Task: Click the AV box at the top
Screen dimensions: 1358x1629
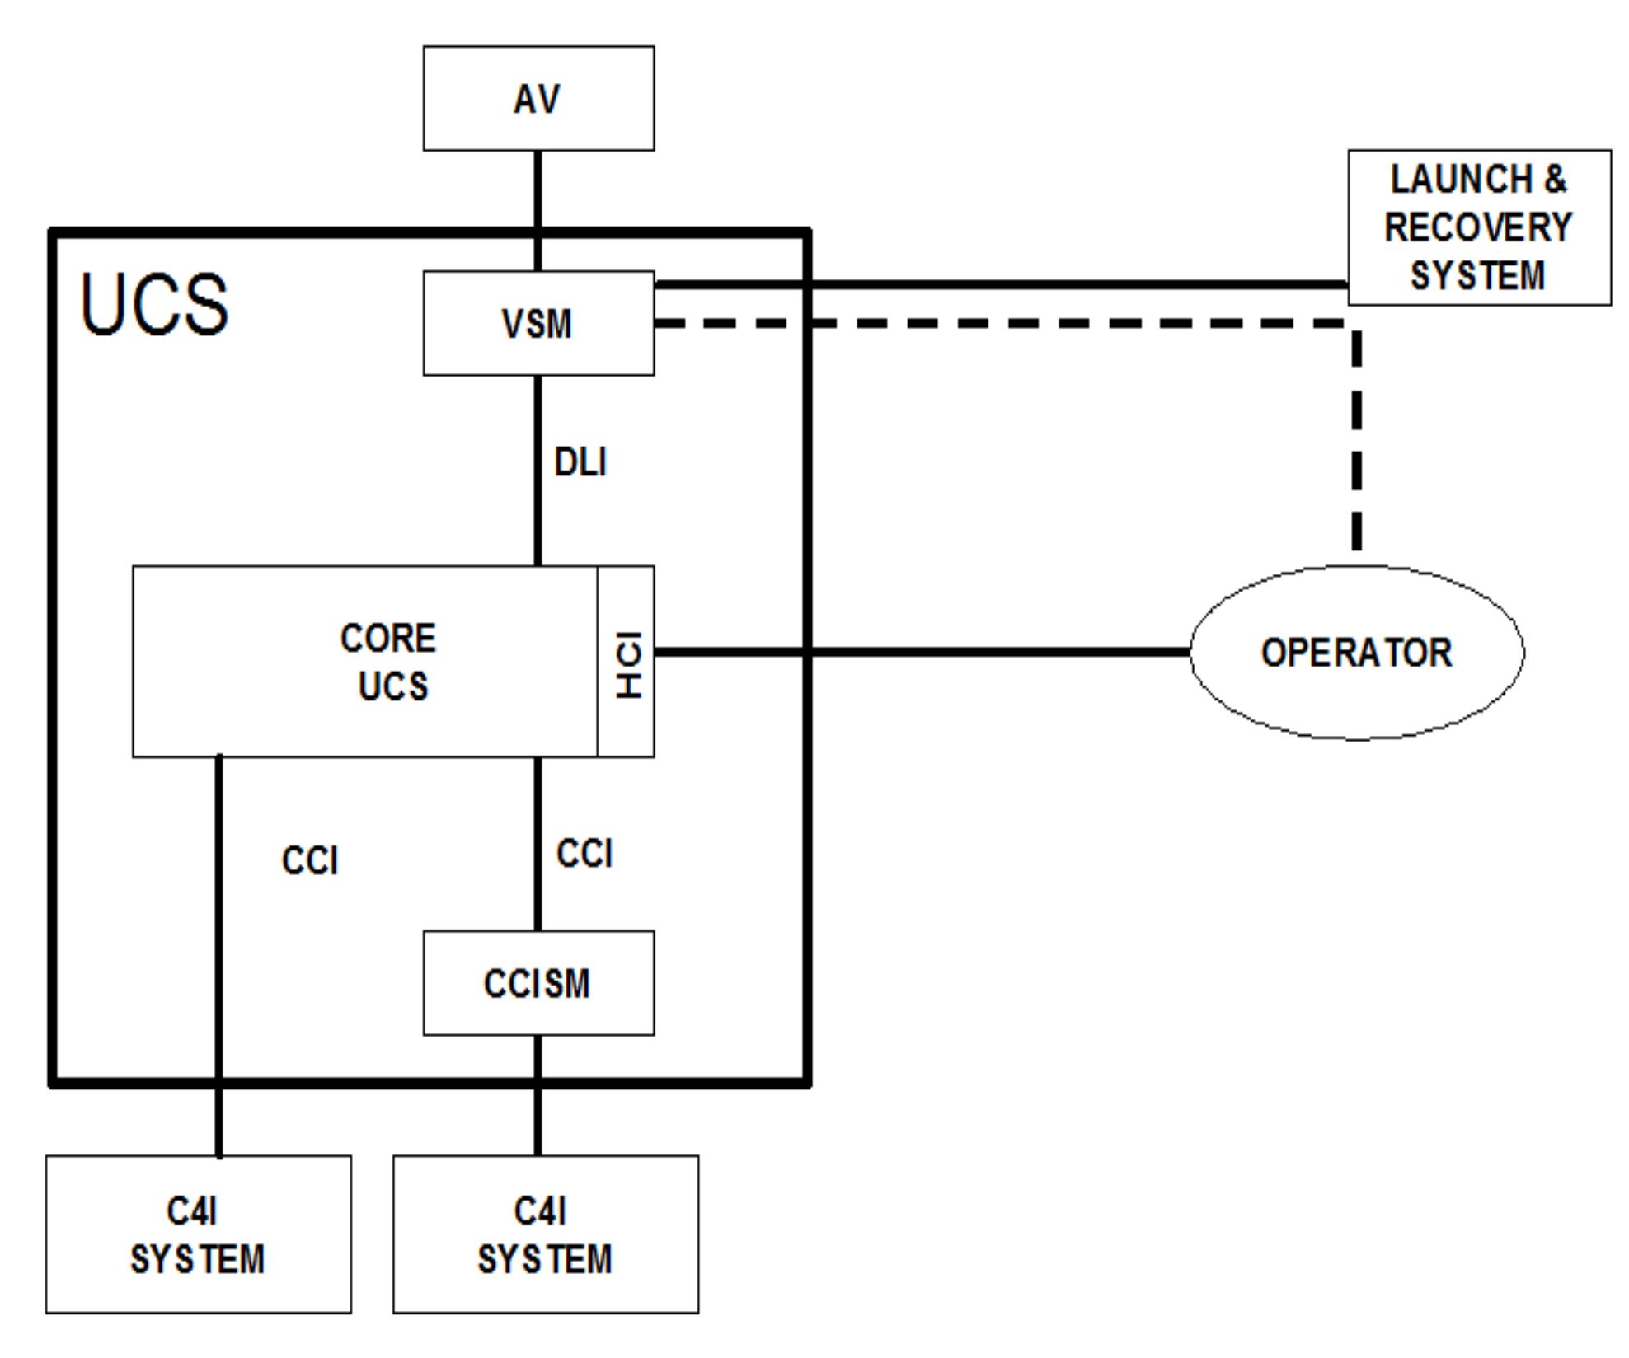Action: [x=538, y=99]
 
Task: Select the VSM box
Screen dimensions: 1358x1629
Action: [x=538, y=323]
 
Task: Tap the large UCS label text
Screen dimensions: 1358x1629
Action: [x=154, y=305]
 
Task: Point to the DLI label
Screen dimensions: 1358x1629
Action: [x=580, y=462]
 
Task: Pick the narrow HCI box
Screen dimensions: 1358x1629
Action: [x=627, y=662]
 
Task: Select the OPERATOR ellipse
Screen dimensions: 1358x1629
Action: [x=1356, y=653]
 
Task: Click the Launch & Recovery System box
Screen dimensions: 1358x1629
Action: [x=1479, y=227]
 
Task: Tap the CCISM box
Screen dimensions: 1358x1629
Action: [x=538, y=983]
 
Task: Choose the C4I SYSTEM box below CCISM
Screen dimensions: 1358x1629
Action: [x=545, y=1234]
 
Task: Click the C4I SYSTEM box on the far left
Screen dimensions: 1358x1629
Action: [x=198, y=1234]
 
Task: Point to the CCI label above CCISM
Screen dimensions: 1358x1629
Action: [x=584, y=854]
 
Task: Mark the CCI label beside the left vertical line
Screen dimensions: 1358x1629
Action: [x=310, y=861]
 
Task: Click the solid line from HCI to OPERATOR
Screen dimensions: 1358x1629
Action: [x=989, y=652]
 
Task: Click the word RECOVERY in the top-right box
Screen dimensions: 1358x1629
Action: [x=1478, y=227]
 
